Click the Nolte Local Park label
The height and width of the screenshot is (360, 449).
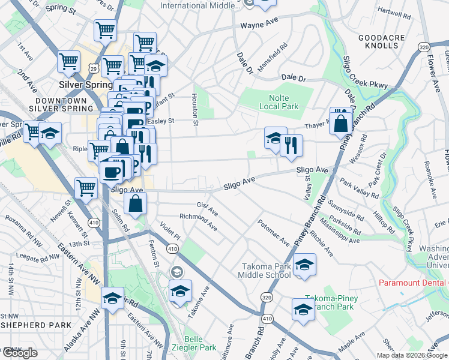pos(274,102)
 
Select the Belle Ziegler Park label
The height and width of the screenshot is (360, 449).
pos(200,343)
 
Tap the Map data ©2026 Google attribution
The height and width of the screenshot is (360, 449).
pos(411,355)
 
